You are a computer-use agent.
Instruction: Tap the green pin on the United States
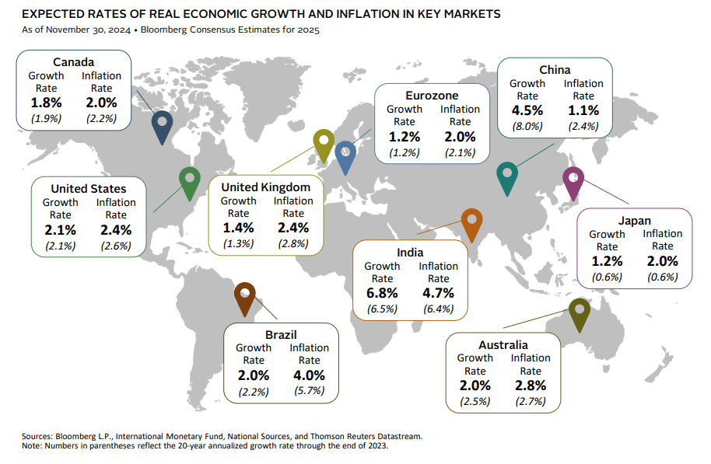(x=189, y=181)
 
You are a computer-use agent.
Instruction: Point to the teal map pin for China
(x=507, y=176)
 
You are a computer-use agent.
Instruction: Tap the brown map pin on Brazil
(x=245, y=296)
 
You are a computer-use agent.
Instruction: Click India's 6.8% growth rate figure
(x=382, y=293)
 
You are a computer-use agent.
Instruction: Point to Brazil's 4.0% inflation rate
(x=309, y=375)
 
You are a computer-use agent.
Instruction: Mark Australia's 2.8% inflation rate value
(x=531, y=385)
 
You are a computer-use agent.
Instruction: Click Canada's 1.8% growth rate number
(x=46, y=102)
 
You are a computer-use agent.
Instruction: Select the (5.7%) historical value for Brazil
(x=309, y=391)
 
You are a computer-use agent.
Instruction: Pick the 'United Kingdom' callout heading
(x=265, y=187)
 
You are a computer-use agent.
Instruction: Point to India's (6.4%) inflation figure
(x=438, y=309)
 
